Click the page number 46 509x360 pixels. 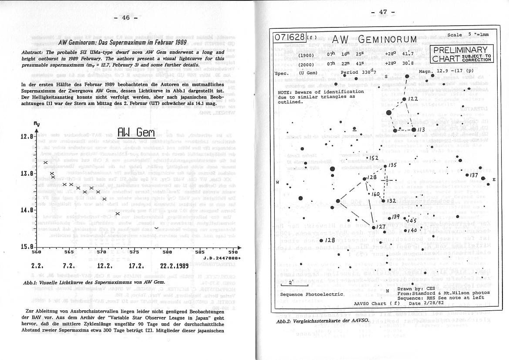pyautogui.click(x=125, y=17)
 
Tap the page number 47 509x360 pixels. pyautogui.click(x=383, y=12)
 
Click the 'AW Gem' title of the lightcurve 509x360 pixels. pyautogui.click(x=137, y=132)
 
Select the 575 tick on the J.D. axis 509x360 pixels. pyautogui.click(x=134, y=252)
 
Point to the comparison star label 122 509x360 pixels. pyautogui.click(x=413, y=99)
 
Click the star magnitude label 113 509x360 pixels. pyautogui.click(x=420, y=130)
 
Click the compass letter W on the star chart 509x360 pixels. pyautogui.click(x=277, y=183)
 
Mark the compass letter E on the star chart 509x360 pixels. pyautogui.click(x=494, y=180)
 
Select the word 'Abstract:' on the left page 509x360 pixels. pyautogui.click(x=33, y=52)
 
